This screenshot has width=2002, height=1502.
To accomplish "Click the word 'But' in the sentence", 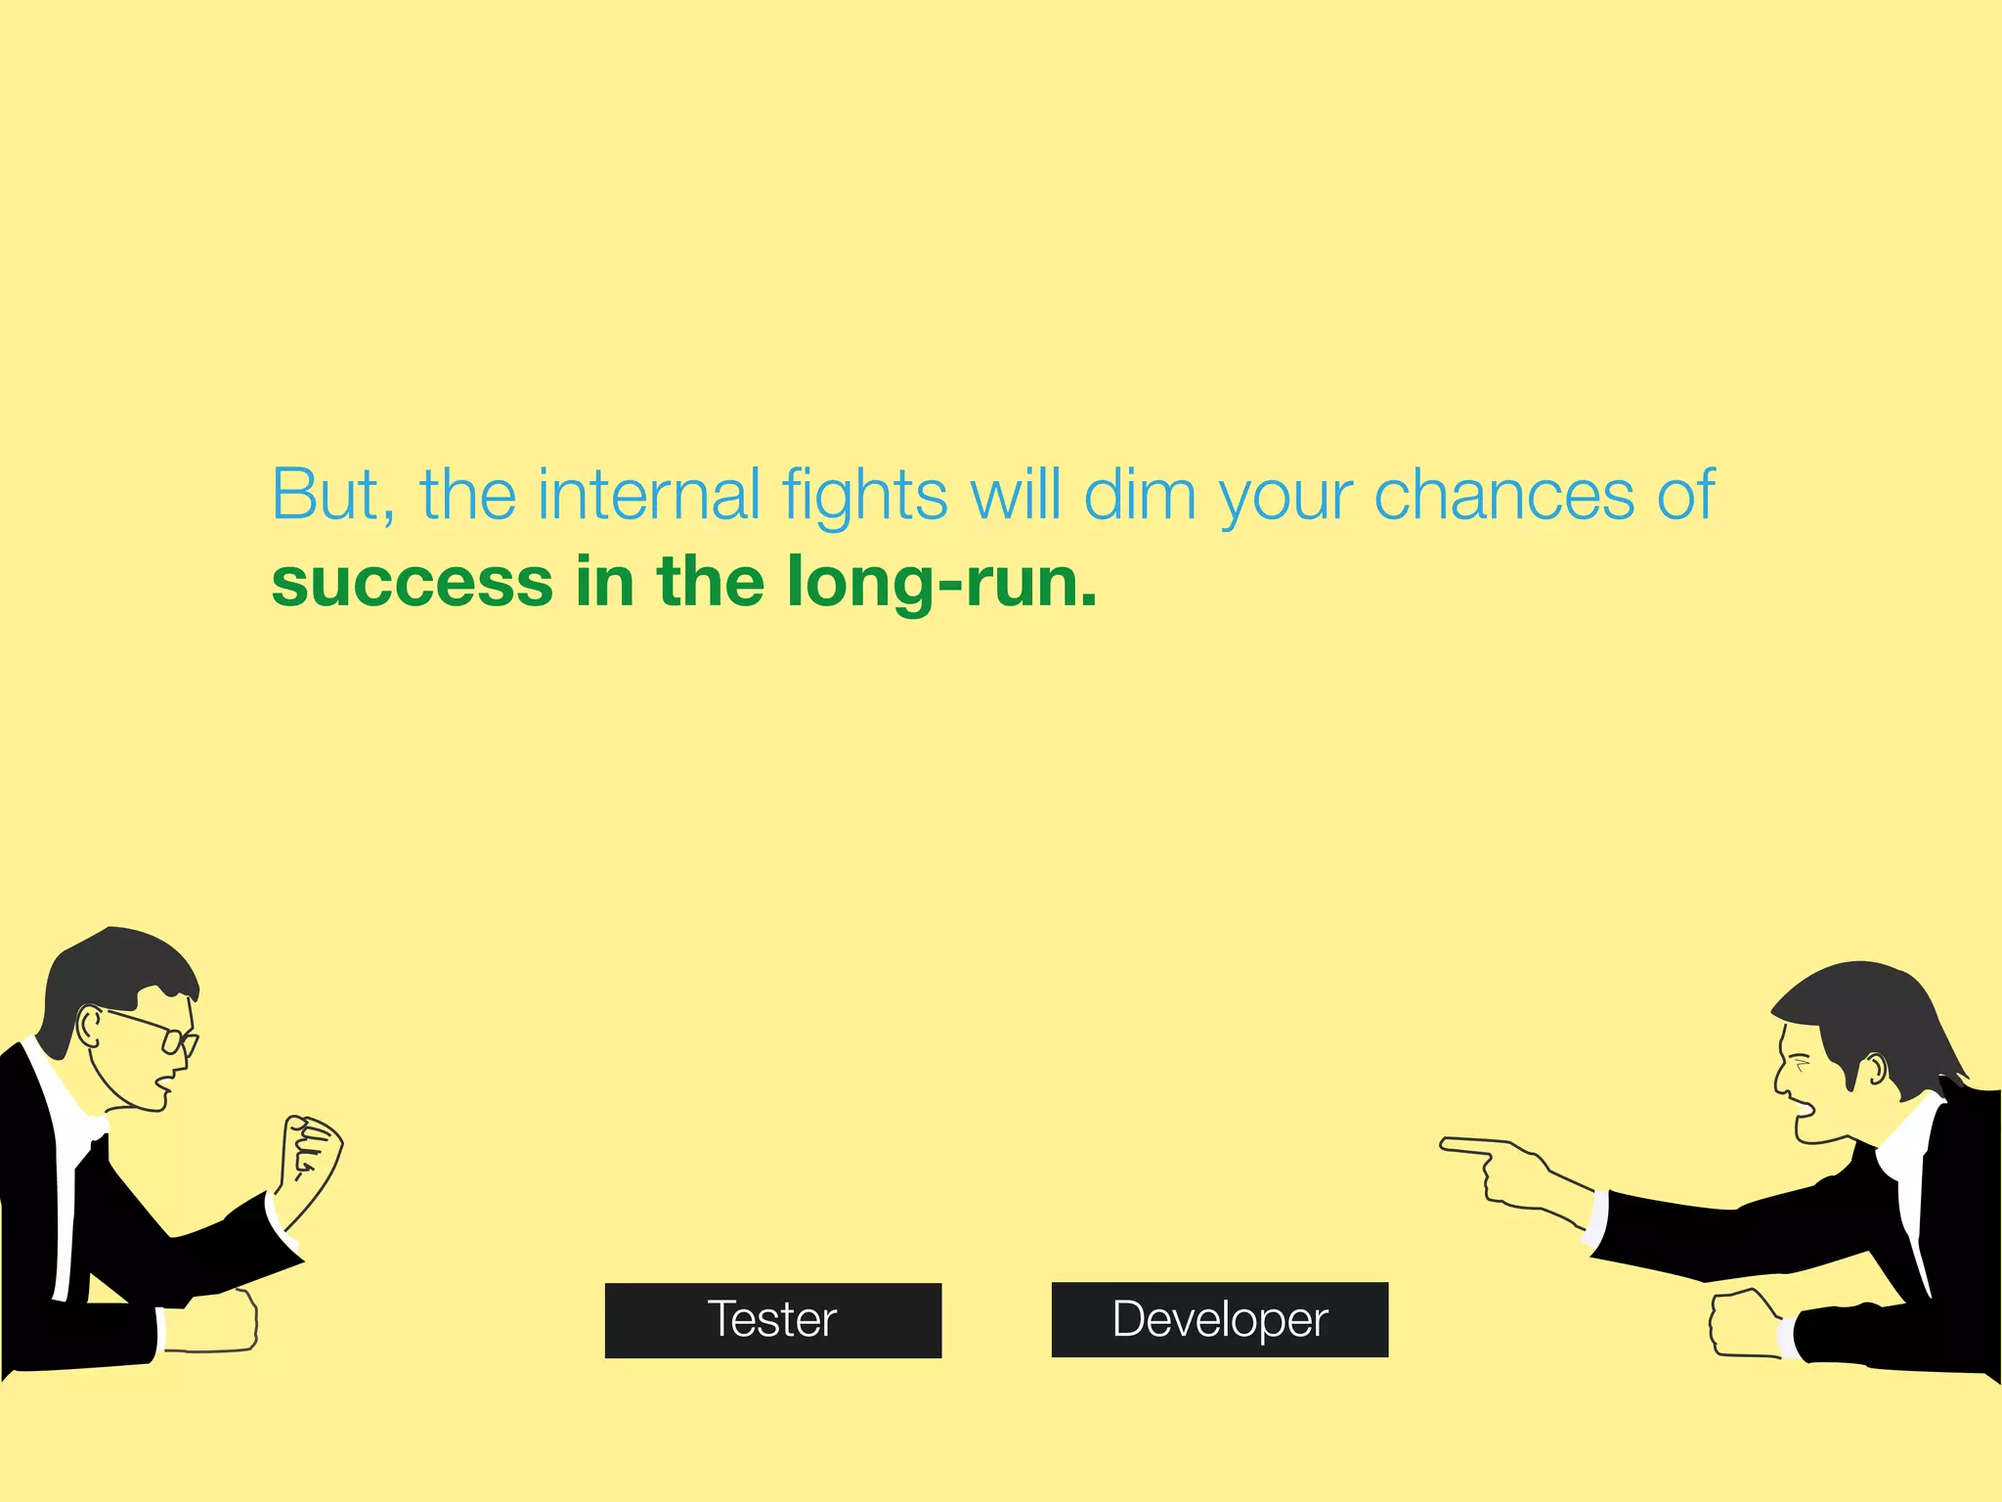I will (326, 495).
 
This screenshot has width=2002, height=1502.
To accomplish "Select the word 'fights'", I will (864, 497).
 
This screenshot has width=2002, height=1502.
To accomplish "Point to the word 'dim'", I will (1140, 495).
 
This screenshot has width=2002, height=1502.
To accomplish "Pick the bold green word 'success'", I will (412, 582).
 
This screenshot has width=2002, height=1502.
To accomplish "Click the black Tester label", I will (772, 1319).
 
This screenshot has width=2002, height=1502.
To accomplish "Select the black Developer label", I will (1219, 1319).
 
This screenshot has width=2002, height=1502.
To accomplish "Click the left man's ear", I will (89, 1027).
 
